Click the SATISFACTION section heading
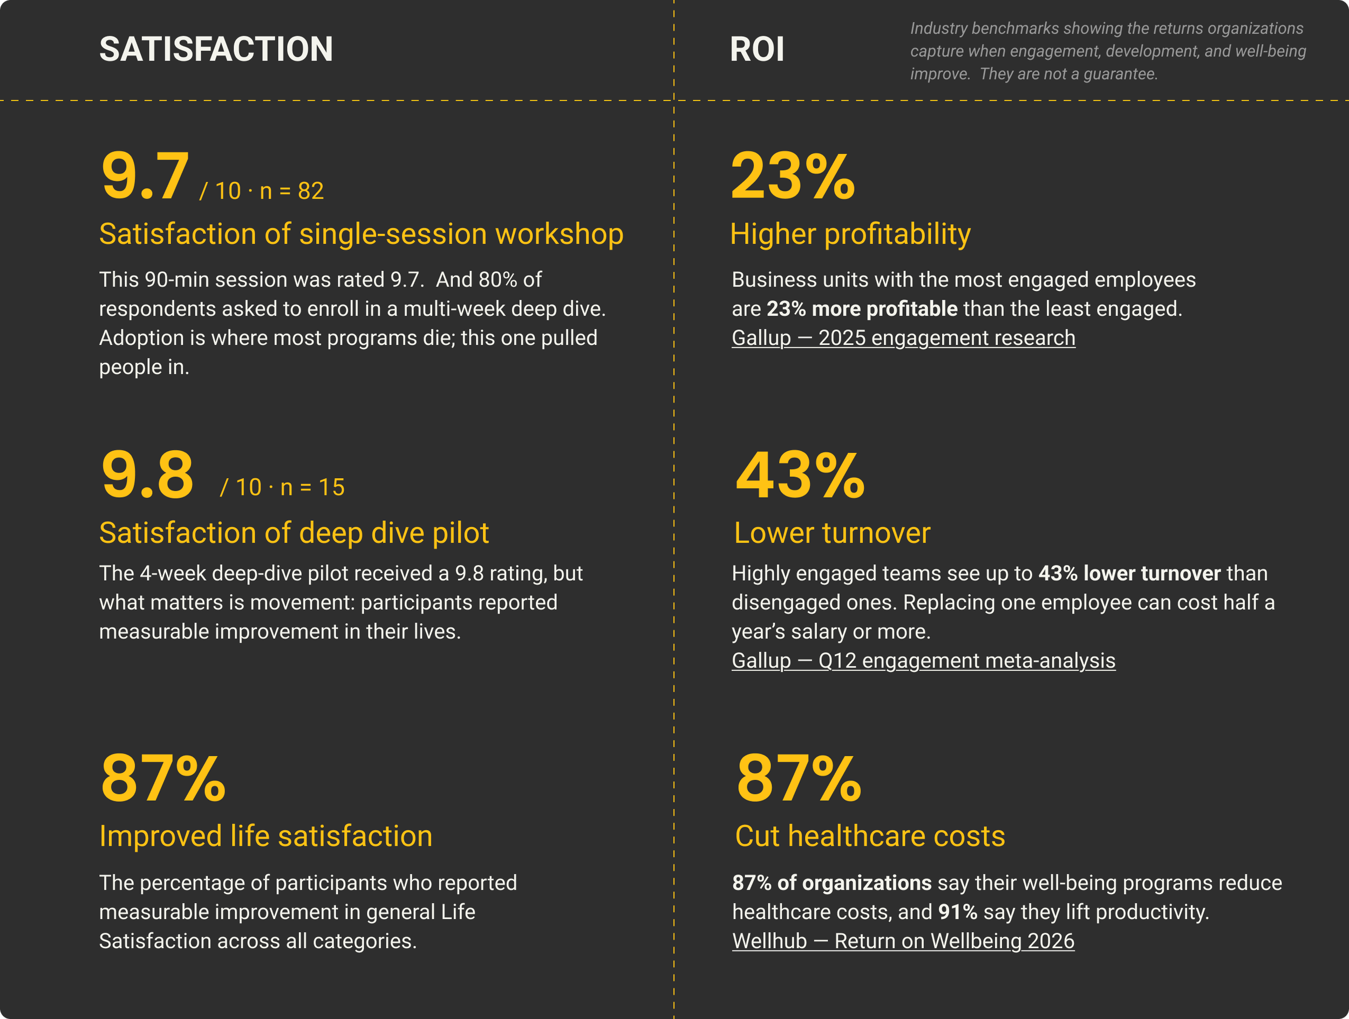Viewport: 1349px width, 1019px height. [216, 49]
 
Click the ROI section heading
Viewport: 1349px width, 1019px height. [757, 49]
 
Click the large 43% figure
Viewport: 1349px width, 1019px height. [800, 474]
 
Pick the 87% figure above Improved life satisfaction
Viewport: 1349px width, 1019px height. [163, 778]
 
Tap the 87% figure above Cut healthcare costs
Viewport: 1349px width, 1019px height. [799, 778]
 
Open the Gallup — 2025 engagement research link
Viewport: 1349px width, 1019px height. [903, 338]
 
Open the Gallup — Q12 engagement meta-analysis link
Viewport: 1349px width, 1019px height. [923, 661]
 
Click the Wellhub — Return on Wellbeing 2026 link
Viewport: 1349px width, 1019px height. [903, 941]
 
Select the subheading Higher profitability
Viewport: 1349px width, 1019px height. [850, 235]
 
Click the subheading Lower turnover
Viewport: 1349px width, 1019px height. [832, 533]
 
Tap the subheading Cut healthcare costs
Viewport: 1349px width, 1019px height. [870, 836]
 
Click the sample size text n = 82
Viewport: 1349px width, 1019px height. [291, 192]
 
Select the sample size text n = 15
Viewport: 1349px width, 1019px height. [312, 488]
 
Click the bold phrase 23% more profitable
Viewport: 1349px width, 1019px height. [862, 309]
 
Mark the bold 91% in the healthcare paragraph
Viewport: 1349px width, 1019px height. [957, 912]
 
